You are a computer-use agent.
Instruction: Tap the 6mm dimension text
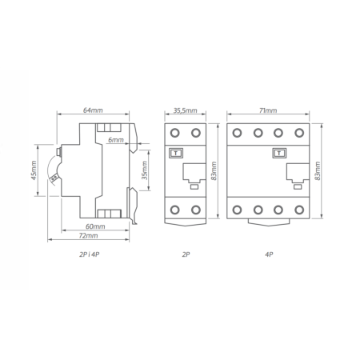click(x=115, y=140)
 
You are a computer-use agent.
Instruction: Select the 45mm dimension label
click(x=34, y=170)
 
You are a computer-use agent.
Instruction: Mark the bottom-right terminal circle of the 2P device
click(x=197, y=209)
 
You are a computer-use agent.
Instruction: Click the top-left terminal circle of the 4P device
click(x=238, y=132)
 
